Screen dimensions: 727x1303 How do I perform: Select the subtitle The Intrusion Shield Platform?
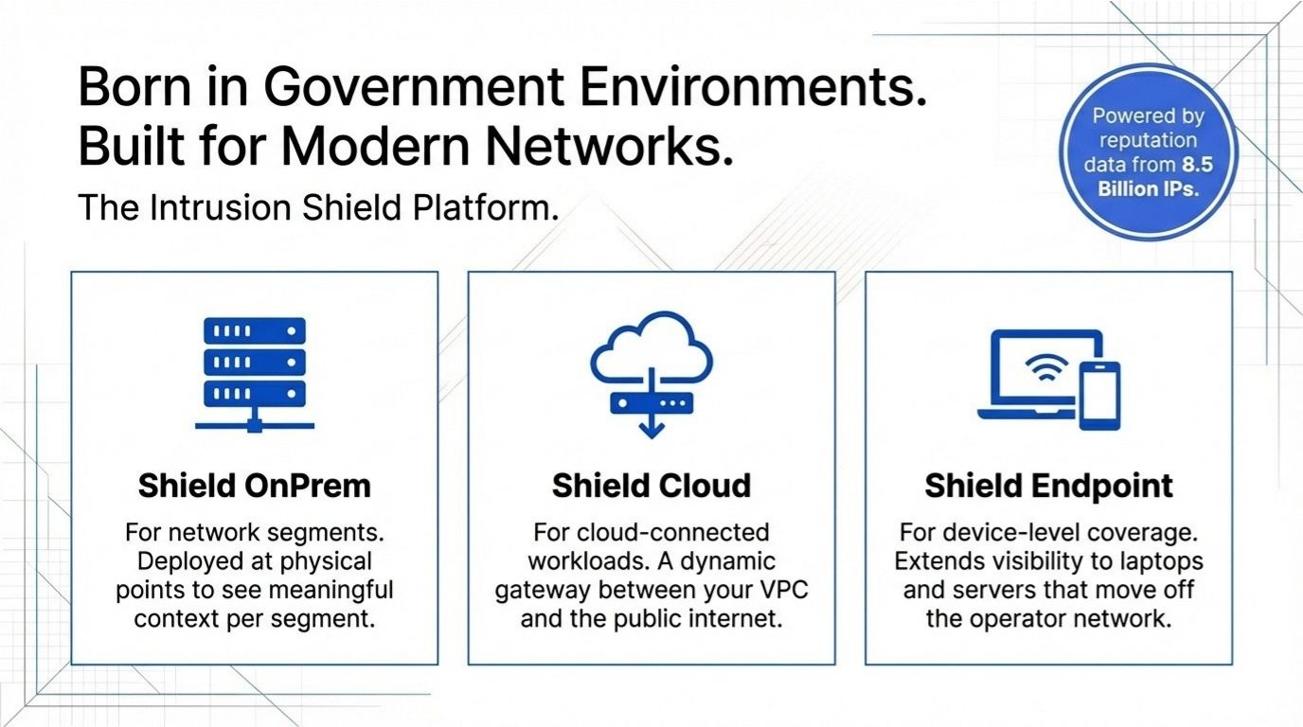coord(317,208)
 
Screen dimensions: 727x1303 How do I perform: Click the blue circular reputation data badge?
coord(1148,151)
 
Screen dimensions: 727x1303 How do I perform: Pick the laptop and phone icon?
coord(1048,379)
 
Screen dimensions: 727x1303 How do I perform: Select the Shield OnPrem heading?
coord(254,486)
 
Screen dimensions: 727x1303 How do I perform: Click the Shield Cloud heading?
coord(651,486)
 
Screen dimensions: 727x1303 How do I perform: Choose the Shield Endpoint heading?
coord(1048,486)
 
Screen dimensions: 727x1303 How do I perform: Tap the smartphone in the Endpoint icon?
coord(1099,395)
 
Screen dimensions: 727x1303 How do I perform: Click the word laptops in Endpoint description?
coord(1161,560)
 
